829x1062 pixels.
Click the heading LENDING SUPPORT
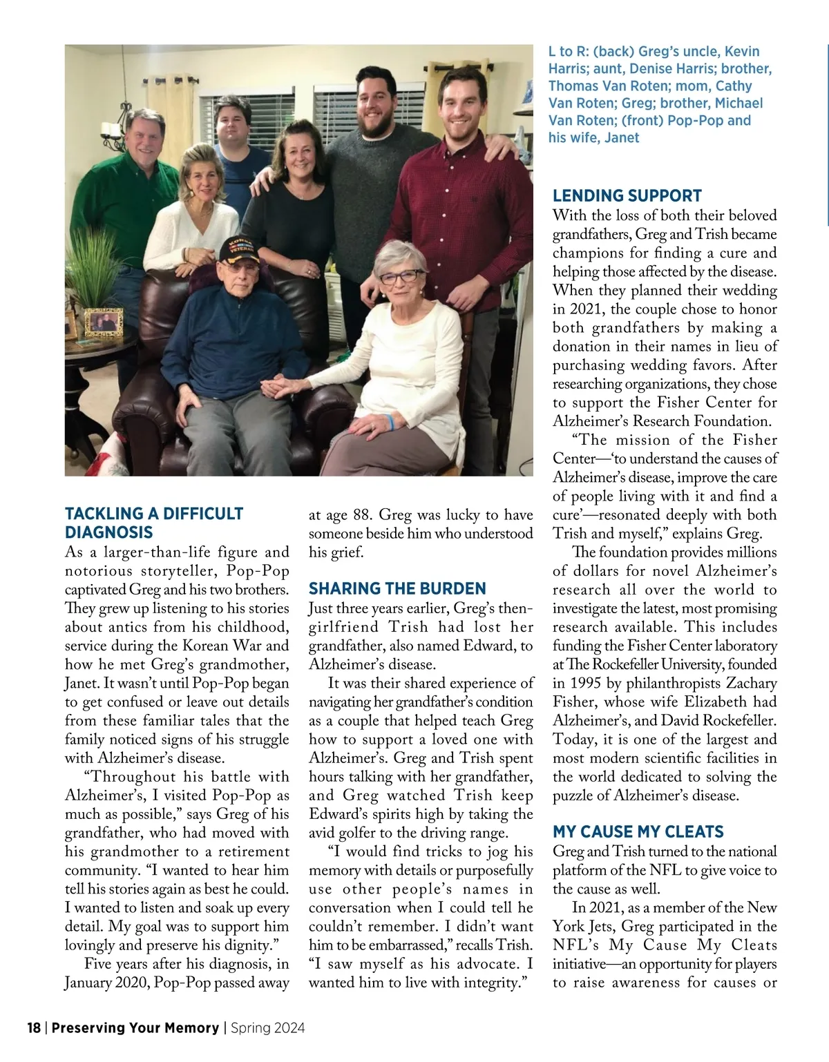coord(627,195)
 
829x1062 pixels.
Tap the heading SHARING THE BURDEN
coord(397,588)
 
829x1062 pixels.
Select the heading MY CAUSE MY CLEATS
coord(638,831)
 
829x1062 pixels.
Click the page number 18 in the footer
coord(34,1027)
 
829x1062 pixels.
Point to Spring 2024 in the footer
coord(267,1027)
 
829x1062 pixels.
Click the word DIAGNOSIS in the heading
coord(108,532)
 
